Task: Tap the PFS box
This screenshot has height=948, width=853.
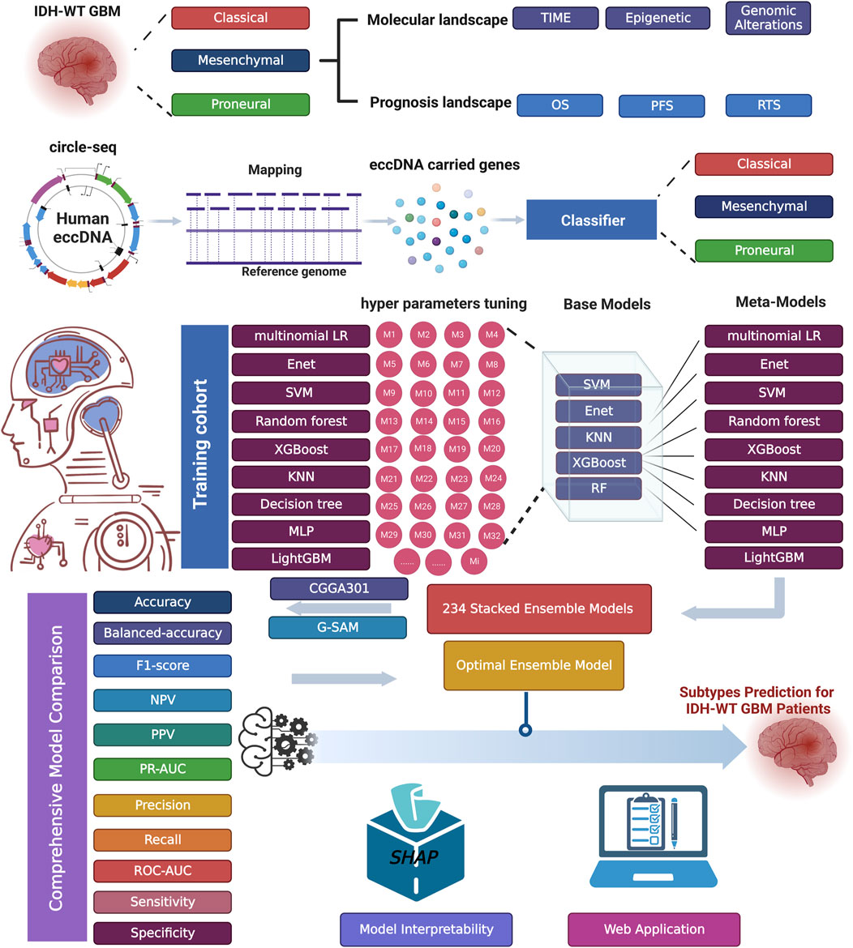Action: [662, 106]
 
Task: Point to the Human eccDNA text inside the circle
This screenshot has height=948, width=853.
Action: [83, 222]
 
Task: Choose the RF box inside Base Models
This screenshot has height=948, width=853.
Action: [598, 488]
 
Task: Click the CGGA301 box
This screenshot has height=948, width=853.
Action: [331, 589]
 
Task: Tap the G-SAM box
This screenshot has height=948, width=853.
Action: [331, 628]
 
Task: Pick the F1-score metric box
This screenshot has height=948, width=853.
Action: [163, 665]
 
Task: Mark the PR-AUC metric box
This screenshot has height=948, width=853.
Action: [163, 768]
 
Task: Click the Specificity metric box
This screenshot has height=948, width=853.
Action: [163, 933]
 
